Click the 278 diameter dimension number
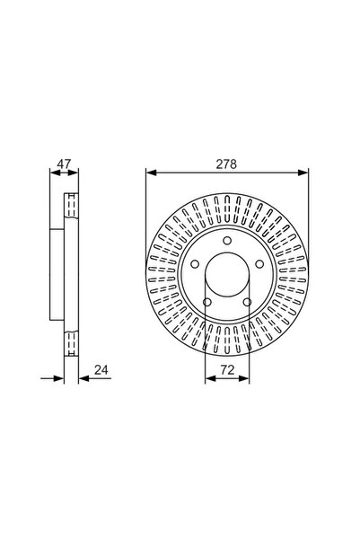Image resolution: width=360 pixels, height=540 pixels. [x=222, y=164]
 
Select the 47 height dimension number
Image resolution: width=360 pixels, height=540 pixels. [x=61, y=164]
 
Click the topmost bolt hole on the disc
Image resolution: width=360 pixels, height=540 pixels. [x=224, y=241]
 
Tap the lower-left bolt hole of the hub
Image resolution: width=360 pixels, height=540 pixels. [x=206, y=301]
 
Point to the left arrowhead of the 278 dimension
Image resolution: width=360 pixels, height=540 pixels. [x=149, y=173]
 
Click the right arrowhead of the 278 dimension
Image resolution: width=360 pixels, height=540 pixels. [x=296, y=173]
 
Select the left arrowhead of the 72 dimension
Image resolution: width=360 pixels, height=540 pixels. [x=207, y=377]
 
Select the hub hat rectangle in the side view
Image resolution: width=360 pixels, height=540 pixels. [x=57, y=275]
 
